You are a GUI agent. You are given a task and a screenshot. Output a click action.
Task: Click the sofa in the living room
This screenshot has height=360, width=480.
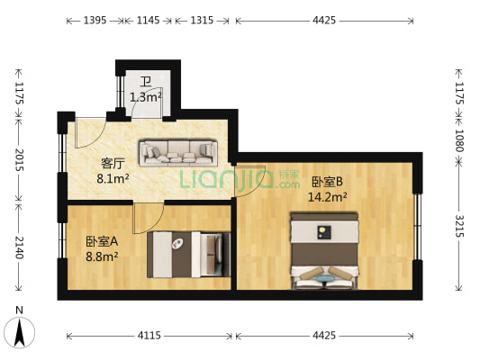coord(177,152)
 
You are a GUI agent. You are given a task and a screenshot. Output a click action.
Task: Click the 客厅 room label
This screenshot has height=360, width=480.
coord(112,164)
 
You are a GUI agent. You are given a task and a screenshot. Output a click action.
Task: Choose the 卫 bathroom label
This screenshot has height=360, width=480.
coord(145,82)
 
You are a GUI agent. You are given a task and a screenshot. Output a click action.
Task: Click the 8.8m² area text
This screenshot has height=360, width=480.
coord(103,256)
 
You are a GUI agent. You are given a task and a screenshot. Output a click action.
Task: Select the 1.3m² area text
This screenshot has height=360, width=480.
coord(145,96)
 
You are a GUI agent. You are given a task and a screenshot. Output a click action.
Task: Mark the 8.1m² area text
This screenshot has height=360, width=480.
coord(113,179)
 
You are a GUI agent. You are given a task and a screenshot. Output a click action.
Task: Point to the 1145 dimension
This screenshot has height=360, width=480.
coord(148,20)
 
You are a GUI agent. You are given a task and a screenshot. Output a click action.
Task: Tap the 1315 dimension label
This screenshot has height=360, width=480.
coord(202,20)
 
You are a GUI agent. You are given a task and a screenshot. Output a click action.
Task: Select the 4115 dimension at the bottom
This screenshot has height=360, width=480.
coord(149,336)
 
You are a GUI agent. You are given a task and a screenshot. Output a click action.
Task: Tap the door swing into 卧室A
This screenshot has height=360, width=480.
coord(148,214)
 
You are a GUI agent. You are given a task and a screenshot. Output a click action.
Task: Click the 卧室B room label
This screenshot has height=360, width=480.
coord(327,181)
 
